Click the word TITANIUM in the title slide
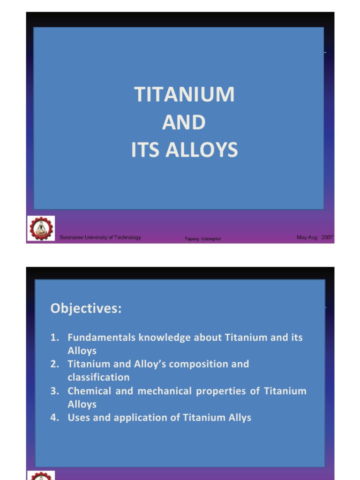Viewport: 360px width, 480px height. pos(184,94)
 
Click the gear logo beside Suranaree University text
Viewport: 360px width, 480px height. pos(41,228)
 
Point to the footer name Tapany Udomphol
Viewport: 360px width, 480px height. pos(202,239)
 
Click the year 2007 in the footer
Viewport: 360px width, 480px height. pos(327,237)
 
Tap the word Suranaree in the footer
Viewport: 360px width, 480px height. pos(71,238)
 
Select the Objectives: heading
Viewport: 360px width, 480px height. pos(86,308)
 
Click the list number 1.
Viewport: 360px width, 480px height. pos(54,337)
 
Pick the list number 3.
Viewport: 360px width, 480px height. pos(54,391)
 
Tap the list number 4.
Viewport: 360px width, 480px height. pos(54,418)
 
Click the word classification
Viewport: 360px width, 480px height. pos(98,377)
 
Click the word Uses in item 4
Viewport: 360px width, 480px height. pos(78,418)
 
